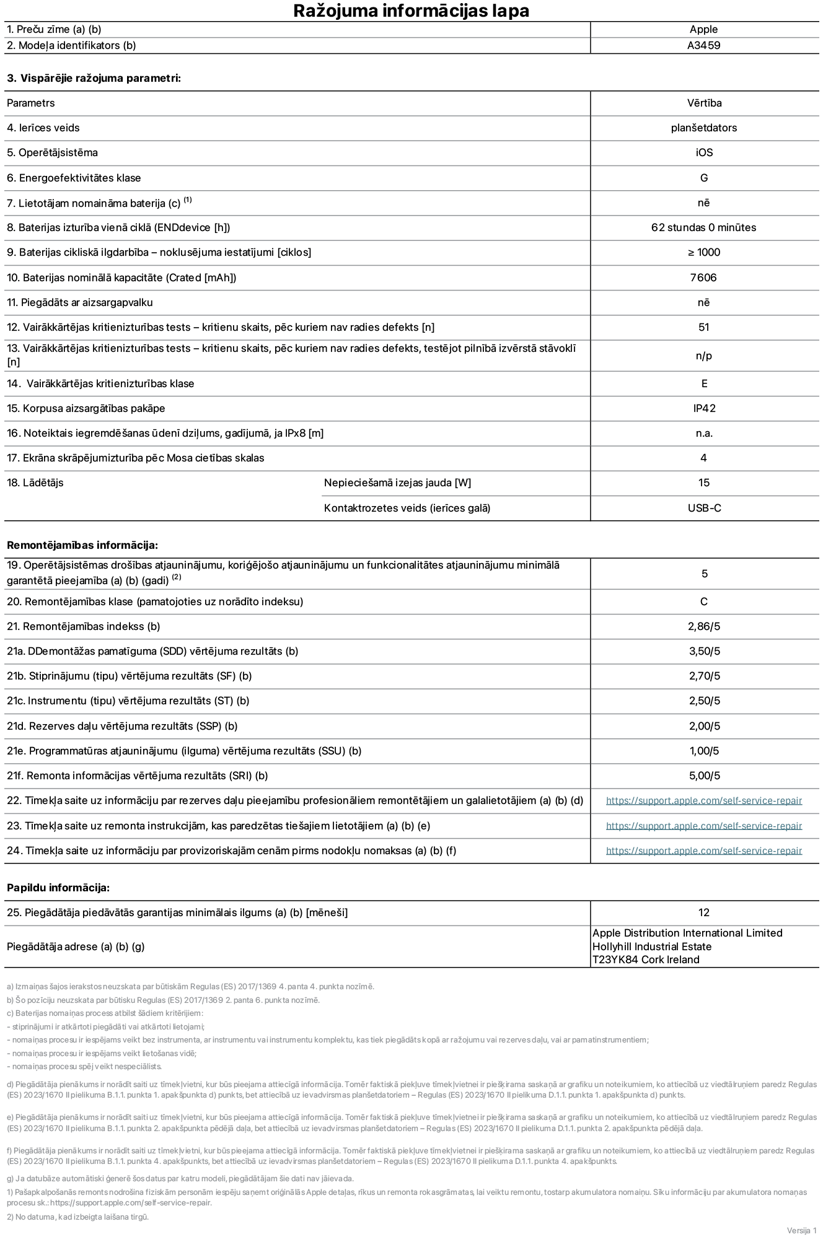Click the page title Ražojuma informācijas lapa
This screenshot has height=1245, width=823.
(411, 11)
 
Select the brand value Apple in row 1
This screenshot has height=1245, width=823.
(703, 29)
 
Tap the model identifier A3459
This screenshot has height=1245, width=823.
(703, 45)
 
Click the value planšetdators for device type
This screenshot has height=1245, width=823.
(703, 128)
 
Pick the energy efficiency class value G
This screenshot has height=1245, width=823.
(703, 178)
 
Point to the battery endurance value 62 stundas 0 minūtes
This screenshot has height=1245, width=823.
(703, 227)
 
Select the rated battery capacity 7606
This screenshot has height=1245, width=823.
(703, 277)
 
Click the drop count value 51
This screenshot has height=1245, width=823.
(703, 327)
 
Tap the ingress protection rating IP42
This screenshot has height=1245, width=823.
(704, 408)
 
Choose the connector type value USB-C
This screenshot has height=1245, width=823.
(704, 508)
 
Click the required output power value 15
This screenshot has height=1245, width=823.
(703, 483)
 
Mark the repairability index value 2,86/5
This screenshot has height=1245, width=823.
(704, 626)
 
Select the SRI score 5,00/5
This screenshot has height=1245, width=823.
(704, 775)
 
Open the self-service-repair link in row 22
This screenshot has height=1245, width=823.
(703, 801)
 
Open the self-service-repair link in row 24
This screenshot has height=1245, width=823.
(703, 850)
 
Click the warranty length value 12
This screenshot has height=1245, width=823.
(703, 912)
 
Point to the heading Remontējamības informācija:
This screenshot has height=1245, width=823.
(82, 545)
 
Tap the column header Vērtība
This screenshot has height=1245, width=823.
(704, 103)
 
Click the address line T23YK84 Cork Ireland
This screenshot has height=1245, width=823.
(645, 959)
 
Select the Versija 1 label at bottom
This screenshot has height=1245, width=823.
(801, 1230)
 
